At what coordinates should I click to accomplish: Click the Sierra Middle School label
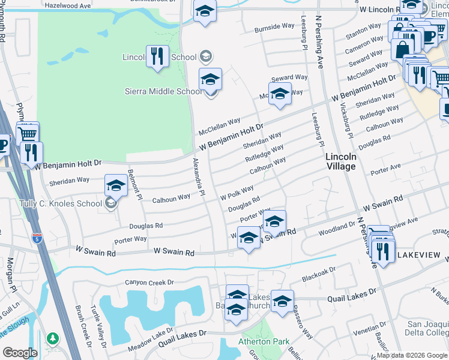[x=163, y=91]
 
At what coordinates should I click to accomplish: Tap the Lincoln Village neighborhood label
[x=341, y=161]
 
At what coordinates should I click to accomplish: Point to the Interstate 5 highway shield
[x=37, y=239]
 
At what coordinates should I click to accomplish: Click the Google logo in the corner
[x=20, y=353]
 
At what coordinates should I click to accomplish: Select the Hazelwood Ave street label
[x=67, y=5]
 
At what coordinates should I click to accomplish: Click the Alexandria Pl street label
[x=199, y=178]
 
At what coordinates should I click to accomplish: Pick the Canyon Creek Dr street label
[x=149, y=282]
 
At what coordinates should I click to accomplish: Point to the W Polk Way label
[x=237, y=194]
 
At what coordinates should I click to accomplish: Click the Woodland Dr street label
[x=337, y=228]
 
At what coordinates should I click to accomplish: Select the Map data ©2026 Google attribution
[x=412, y=355]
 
